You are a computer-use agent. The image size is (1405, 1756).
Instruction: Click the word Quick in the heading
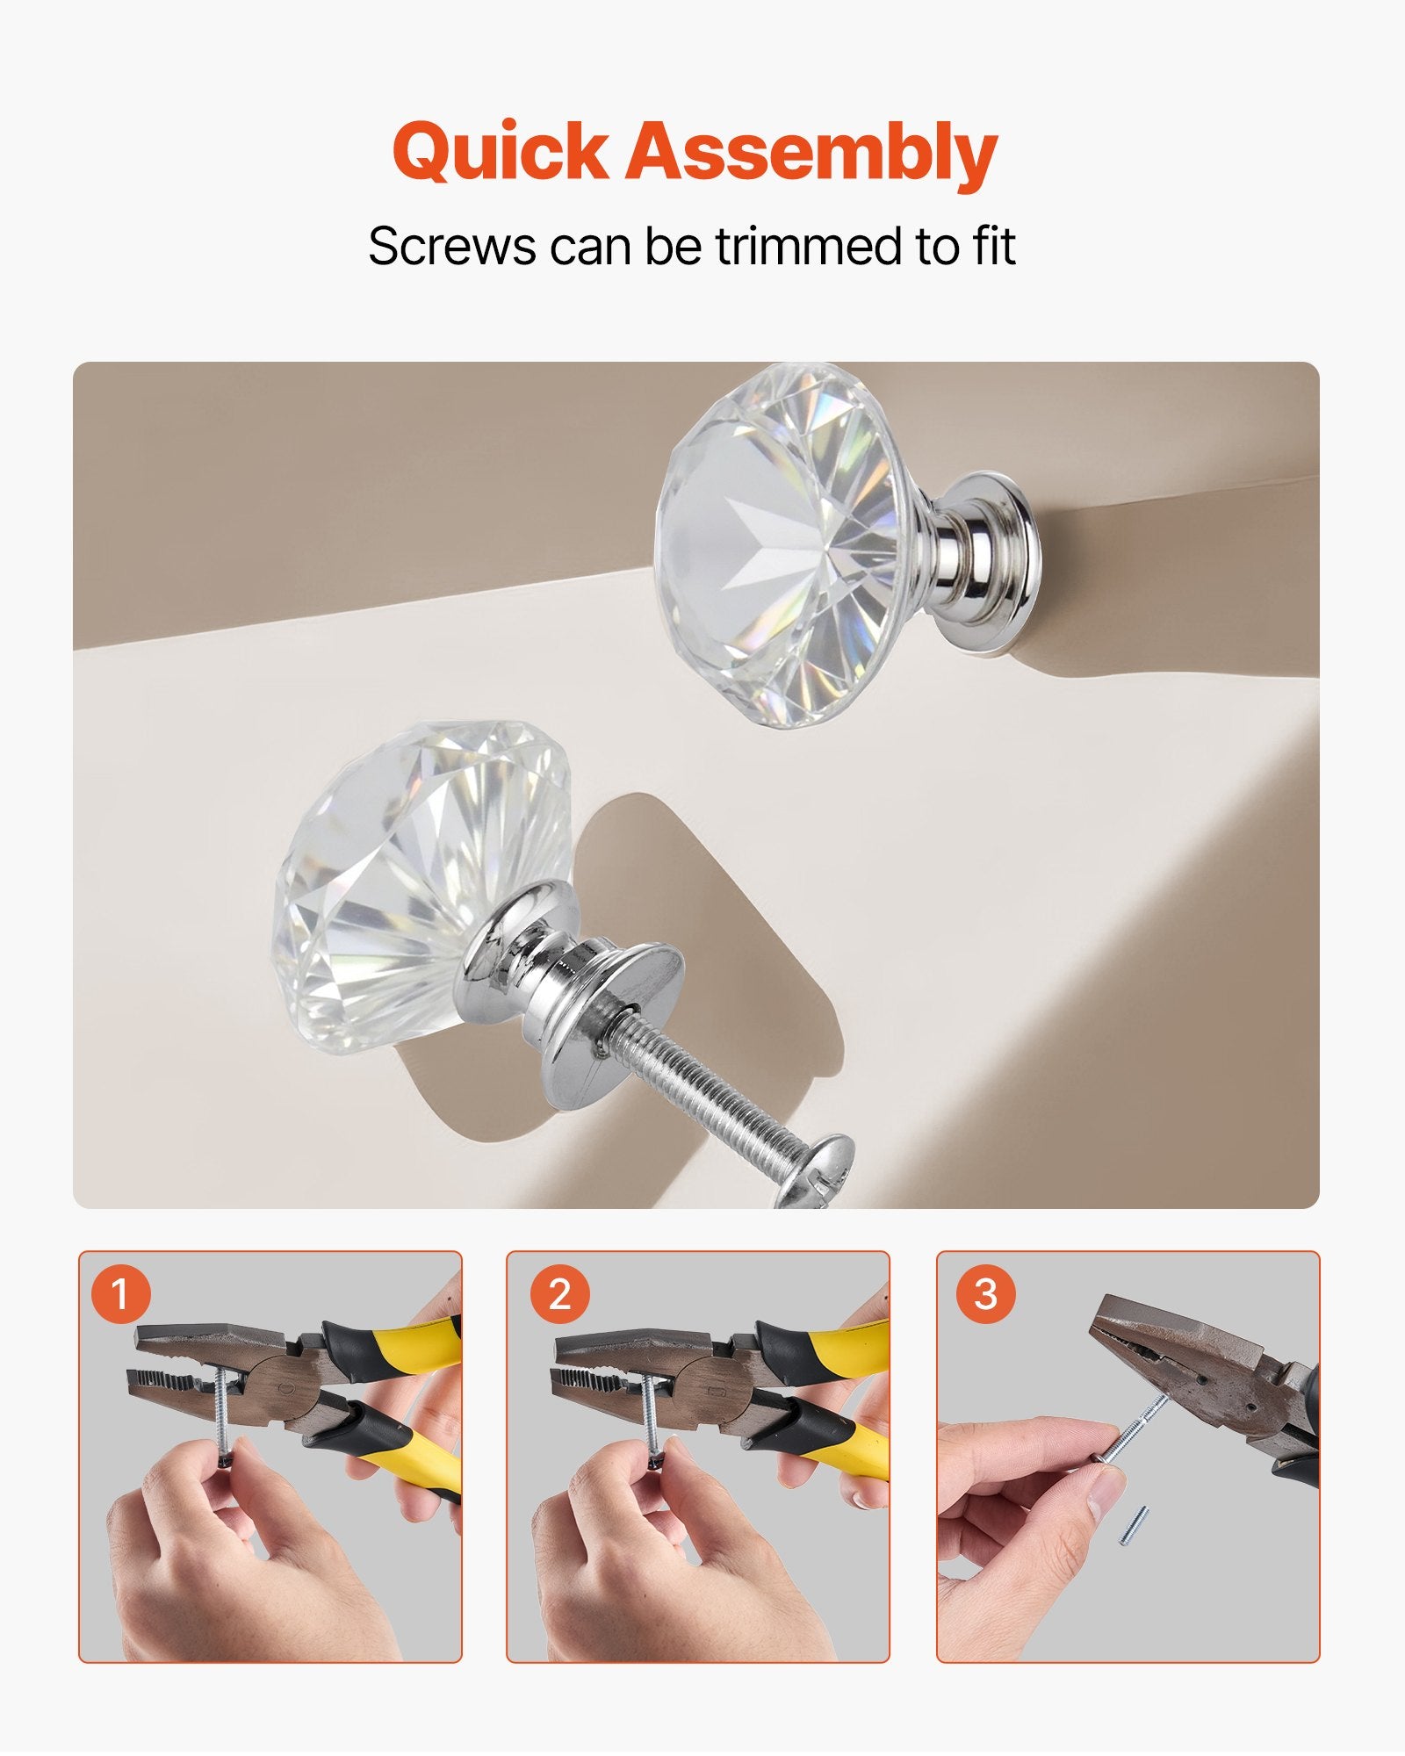(500, 152)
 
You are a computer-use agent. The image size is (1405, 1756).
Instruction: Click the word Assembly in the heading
(811, 154)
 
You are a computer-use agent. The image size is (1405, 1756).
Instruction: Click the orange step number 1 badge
(119, 1294)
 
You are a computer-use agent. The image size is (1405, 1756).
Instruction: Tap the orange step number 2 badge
(558, 1294)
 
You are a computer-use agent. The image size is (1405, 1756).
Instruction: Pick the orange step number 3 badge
(985, 1294)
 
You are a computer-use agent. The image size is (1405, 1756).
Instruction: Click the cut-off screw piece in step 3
(1135, 1524)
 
